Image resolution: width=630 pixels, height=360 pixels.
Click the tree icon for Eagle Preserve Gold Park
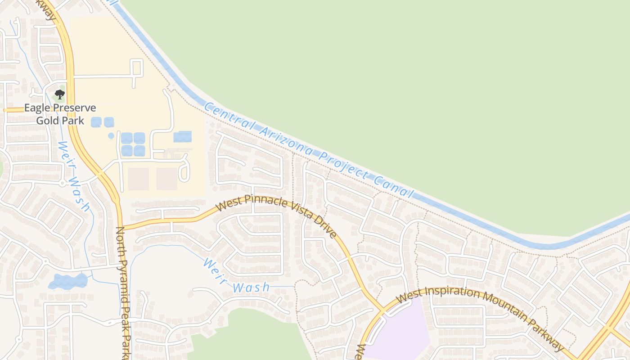pyautogui.click(x=59, y=94)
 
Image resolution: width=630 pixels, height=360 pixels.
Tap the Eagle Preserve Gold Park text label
pyautogui.click(x=60, y=114)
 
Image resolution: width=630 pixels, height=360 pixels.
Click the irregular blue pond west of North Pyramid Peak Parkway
pyautogui.click(x=67, y=281)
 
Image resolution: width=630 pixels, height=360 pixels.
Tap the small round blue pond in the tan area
pyautogui.click(x=111, y=135)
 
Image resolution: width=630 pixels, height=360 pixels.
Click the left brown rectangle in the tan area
pyautogui.click(x=138, y=179)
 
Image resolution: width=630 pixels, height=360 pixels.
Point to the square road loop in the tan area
pyautogui.click(x=137, y=67)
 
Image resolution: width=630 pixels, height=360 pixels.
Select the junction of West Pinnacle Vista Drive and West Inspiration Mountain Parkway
pyautogui.click(x=383, y=310)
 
